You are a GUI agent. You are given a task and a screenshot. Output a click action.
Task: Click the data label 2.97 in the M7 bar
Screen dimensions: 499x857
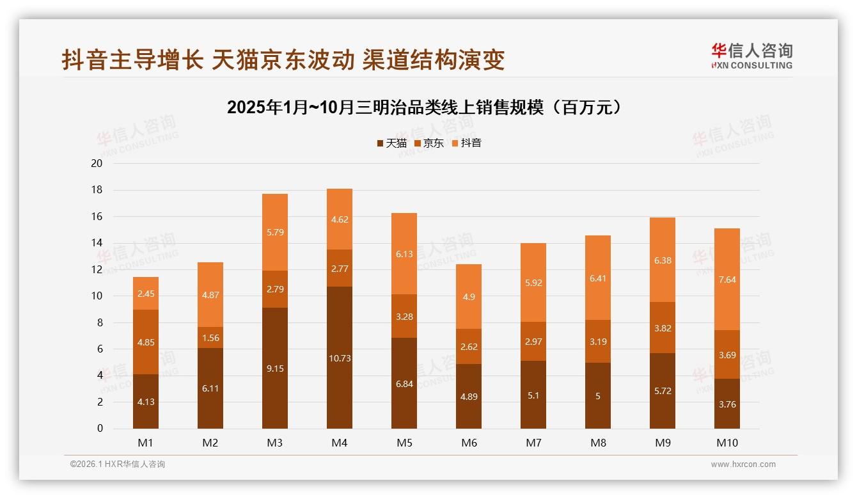(533, 342)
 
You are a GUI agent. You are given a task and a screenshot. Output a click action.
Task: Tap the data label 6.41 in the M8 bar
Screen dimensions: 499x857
(598, 278)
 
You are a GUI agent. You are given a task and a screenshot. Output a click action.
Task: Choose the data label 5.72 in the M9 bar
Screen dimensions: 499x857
(663, 391)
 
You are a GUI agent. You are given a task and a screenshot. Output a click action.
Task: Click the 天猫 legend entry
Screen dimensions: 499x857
(391, 143)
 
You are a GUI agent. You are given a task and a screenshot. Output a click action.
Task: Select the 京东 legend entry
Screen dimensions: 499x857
(429, 143)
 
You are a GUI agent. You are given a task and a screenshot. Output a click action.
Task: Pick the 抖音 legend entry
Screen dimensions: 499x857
(466, 143)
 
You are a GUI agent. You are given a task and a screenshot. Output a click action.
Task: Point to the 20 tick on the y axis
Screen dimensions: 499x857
(97, 163)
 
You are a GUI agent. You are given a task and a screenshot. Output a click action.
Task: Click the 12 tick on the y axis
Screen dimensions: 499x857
(97, 269)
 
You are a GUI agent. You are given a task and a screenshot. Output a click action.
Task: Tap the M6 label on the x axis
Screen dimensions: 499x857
(469, 443)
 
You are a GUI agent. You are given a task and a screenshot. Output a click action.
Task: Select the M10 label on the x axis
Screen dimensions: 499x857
(727, 443)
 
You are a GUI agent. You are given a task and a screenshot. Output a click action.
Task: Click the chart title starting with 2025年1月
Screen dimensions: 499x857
(424, 107)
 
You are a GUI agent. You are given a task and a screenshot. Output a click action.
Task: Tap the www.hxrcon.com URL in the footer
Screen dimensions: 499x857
(743, 464)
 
